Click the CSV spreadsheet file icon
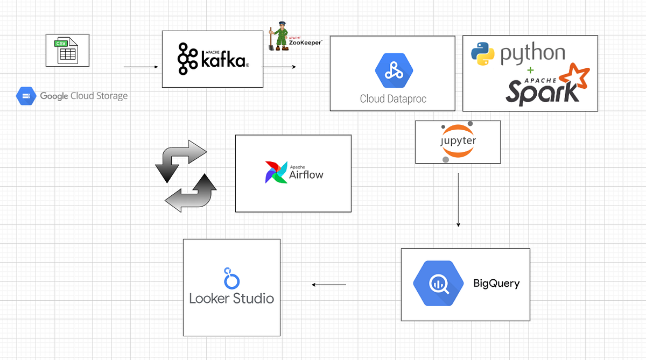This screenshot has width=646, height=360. click(67, 50)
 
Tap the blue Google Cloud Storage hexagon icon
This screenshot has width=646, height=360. click(25, 96)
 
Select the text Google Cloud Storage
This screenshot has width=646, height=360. click(83, 96)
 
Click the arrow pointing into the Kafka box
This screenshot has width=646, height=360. click(141, 67)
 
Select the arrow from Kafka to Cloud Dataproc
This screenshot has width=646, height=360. click(279, 67)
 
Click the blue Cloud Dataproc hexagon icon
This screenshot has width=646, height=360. click(394, 70)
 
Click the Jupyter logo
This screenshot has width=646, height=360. click(458, 142)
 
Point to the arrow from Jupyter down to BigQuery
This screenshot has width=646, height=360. click(458, 200)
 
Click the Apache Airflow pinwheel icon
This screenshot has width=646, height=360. click(276, 172)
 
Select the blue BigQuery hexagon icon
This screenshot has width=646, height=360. click(438, 284)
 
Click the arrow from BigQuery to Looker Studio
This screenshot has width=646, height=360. click(329, 285)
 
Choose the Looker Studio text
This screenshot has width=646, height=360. click(231, 298)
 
